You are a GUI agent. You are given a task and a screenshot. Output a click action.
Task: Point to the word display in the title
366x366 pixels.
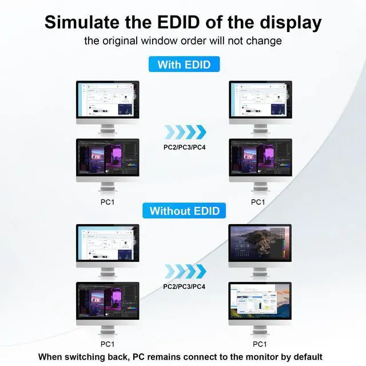tap(288, 23)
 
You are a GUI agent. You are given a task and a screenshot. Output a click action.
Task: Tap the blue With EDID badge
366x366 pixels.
tap(184, 64)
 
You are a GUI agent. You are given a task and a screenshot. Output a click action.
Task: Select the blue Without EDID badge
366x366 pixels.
tap(184, 210)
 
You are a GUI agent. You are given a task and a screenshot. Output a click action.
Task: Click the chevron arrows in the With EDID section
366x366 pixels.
tap(184, 133)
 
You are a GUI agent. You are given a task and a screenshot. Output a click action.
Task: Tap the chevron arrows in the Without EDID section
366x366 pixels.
tap(184, 270)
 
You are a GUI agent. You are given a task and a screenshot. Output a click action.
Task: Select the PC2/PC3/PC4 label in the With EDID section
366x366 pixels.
tap(184, 147)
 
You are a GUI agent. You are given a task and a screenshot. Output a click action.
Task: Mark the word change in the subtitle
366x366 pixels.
tap(265, 41)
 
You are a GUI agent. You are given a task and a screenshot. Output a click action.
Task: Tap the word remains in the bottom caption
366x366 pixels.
tap(174, 356)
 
